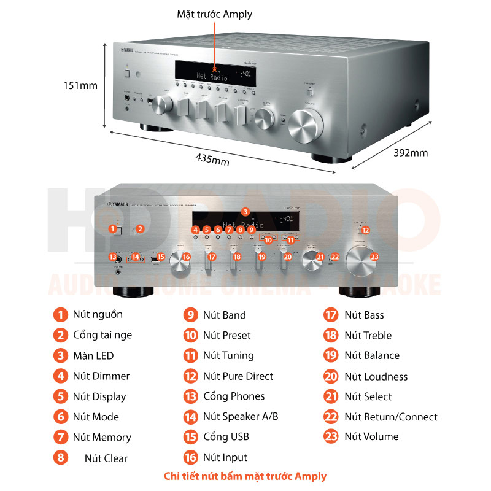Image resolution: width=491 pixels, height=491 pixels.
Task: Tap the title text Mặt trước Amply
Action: click(214, 14)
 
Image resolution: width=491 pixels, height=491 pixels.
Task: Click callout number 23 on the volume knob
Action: click(374, 257)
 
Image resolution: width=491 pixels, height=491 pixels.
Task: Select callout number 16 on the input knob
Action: click(187, 257)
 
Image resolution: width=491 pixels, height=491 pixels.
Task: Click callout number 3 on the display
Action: click(245, 211)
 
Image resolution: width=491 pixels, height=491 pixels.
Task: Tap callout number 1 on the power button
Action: click(112, 229)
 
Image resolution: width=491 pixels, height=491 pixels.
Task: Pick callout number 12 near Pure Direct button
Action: click(365, 230)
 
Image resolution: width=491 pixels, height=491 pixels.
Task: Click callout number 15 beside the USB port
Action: click(161, 257)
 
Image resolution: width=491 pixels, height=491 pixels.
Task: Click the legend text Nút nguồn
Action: click(98, 314)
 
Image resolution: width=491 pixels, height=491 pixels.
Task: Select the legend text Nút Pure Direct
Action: click(238, 376)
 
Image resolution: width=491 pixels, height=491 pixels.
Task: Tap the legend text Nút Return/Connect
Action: click(390, 417)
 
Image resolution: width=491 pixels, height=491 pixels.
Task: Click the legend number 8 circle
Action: click(60, 457)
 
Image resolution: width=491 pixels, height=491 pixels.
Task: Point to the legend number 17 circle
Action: click(331, 315)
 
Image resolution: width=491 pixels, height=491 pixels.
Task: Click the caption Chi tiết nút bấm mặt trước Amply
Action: click(245, 476)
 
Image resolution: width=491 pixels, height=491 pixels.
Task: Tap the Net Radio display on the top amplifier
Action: click(211, 77)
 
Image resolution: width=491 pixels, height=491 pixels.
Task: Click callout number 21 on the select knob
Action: click(320, 257)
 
